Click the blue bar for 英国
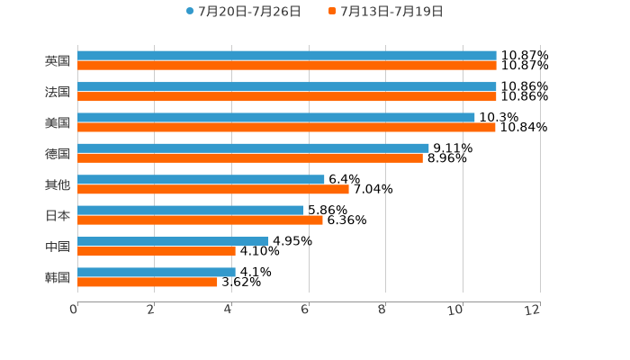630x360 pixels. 286,56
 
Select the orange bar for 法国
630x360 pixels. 286,96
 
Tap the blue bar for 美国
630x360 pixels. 275,117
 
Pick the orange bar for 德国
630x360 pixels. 249,158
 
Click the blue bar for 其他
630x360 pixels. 201,179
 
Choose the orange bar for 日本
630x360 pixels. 200,220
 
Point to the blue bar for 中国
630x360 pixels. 173,241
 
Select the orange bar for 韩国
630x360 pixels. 147,282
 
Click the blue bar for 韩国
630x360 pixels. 156,272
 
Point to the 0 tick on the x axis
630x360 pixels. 74,310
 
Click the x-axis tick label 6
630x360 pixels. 305,310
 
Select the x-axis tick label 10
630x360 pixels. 456,310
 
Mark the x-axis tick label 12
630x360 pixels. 533,310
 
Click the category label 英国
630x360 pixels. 58,61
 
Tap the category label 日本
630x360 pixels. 58,215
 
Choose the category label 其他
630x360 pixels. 58,184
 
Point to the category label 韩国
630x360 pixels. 58,277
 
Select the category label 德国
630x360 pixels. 58,154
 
